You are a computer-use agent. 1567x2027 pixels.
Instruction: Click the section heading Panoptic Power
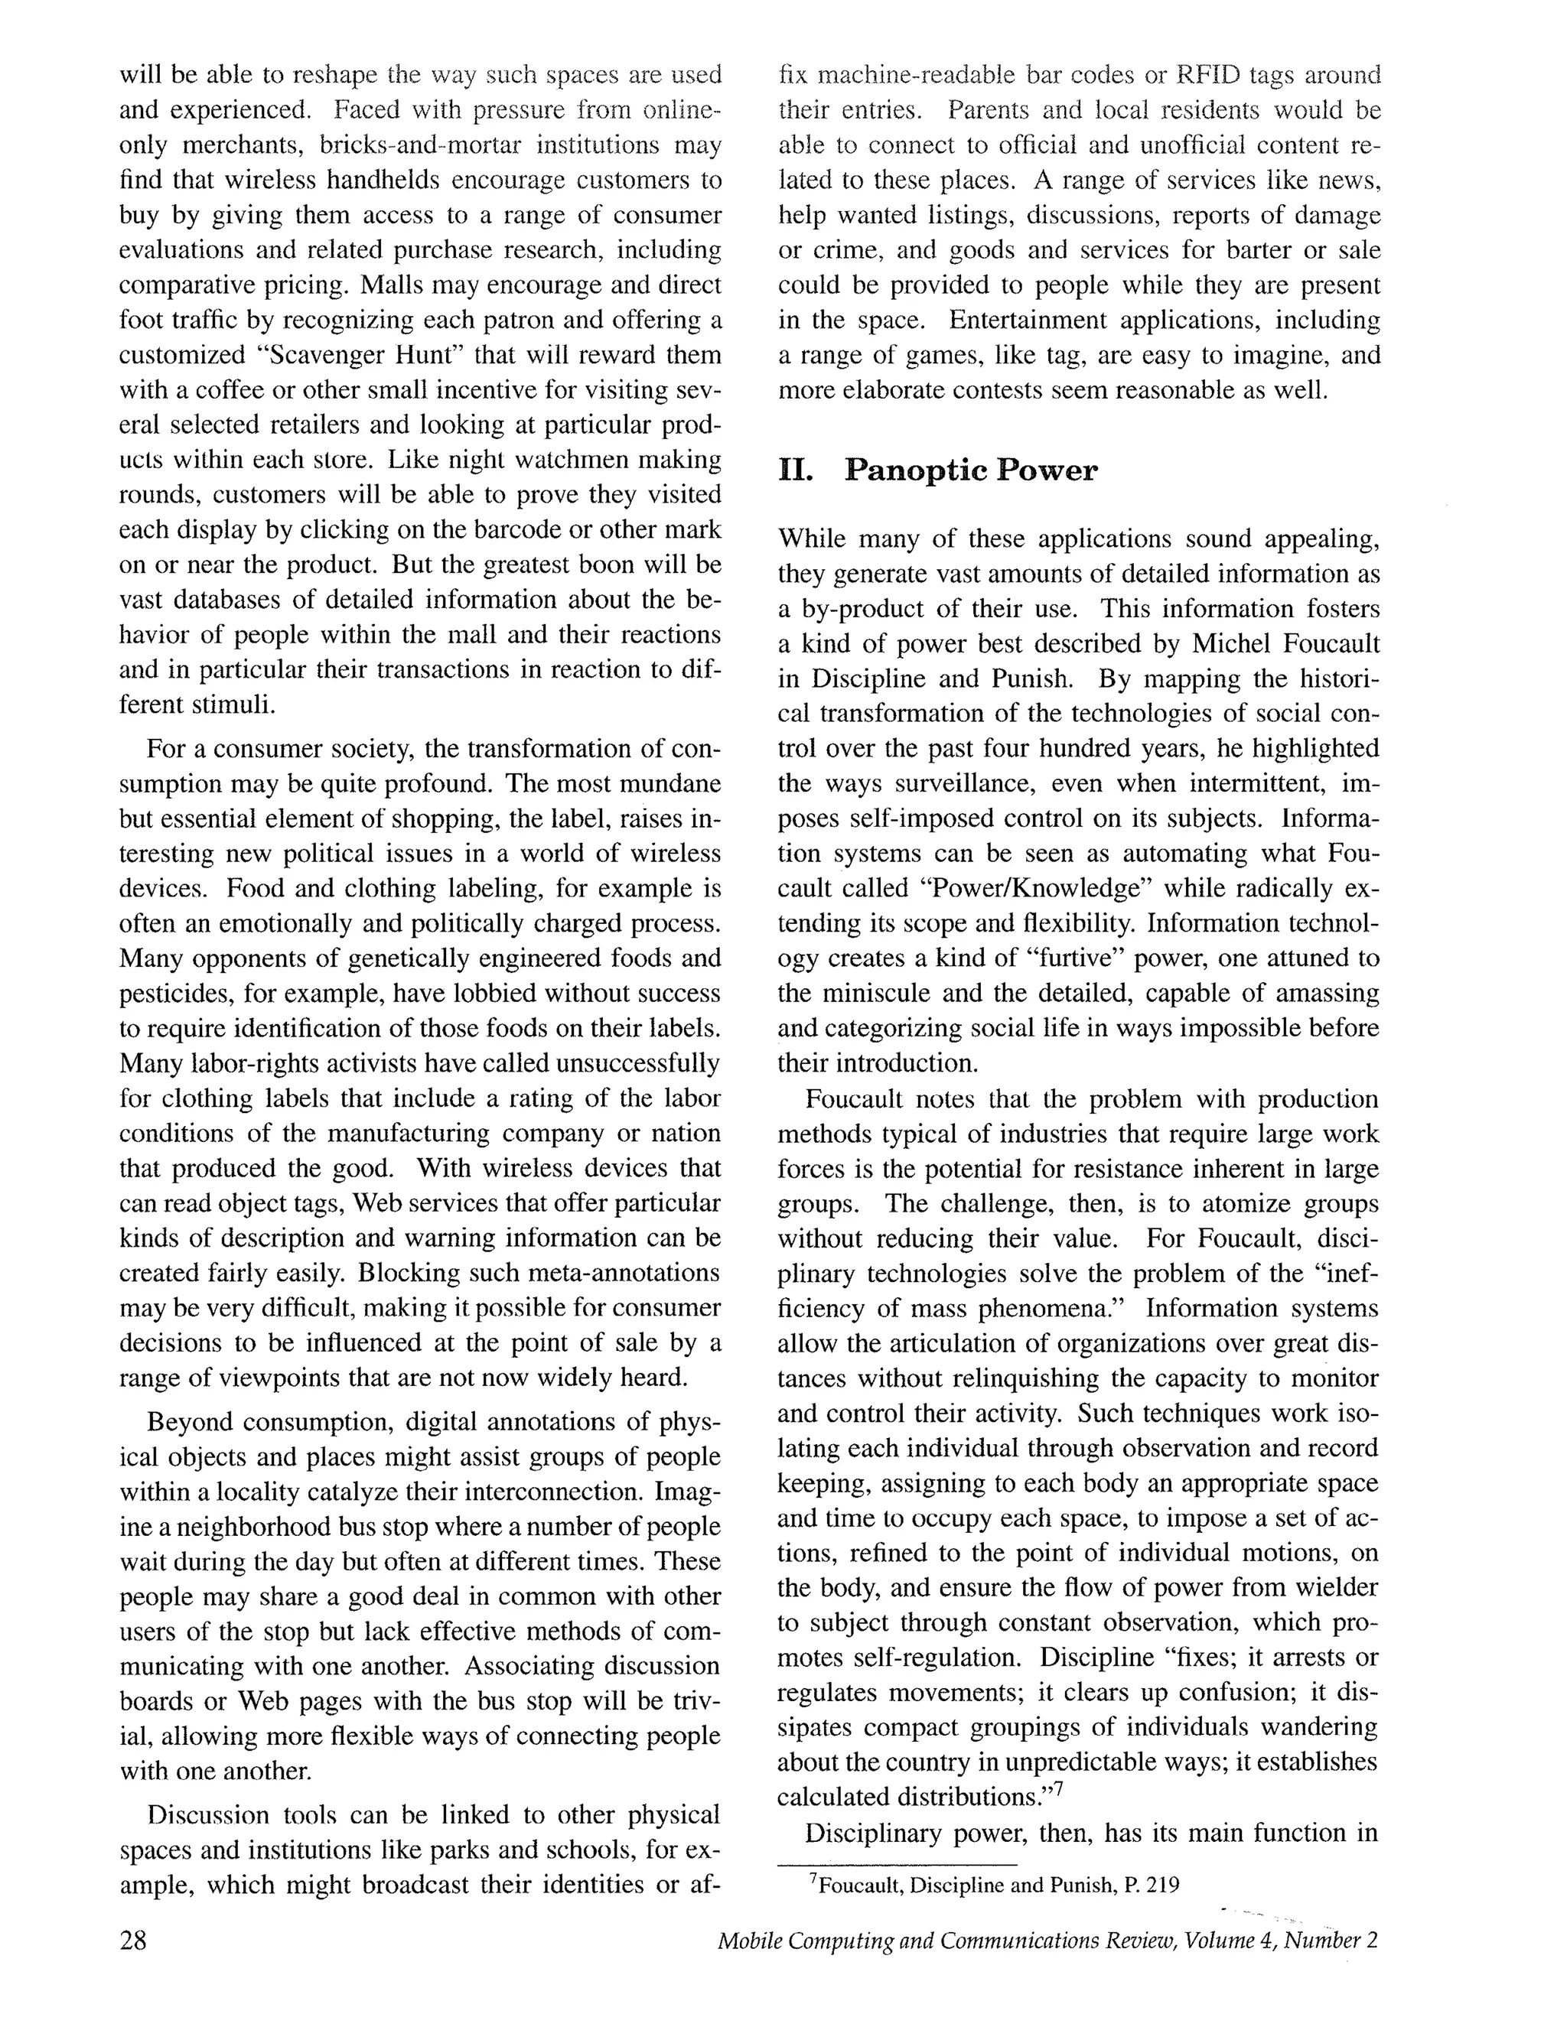coord(970,470)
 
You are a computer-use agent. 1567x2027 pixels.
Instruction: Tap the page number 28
coord(132,1941)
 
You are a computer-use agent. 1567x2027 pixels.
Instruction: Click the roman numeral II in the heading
coord(796,470)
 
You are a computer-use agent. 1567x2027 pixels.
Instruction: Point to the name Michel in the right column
coord(1228,643)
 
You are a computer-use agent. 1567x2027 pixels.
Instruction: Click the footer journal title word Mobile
coord(749,1941)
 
